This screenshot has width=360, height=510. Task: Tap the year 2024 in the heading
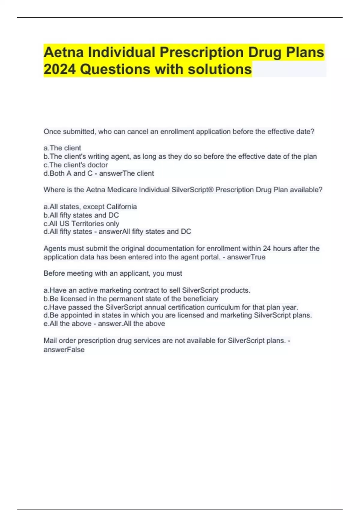[x=59, y=69]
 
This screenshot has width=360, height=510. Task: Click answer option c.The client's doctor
[x=76, y=165]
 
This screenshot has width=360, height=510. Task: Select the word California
[x=121, y=207]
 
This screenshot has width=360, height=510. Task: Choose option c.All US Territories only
[x=81, y=223]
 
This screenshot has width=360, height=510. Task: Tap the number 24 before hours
[x=267, y=248]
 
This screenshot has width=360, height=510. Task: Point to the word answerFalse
[x=64, y=349]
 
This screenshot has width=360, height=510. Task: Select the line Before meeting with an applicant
[x=113, y=273]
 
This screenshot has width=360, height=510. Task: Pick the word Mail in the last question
[x=50, y=340]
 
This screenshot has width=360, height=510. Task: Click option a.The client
[x=62, y=148]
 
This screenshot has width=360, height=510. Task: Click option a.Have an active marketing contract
[x=147, y=290]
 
